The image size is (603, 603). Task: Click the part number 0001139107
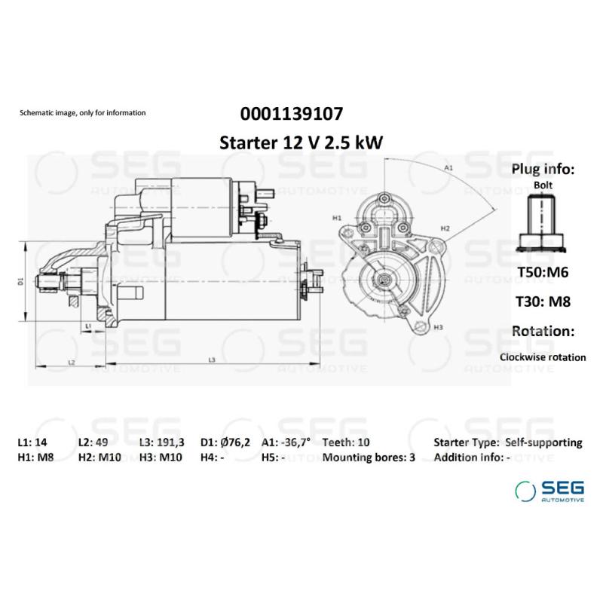[292, 114]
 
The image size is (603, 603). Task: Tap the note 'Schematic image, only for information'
[82, 113]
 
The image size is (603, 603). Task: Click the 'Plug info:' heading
[543, 169]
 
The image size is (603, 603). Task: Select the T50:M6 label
[543, 272]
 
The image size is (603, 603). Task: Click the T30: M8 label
[543, 301]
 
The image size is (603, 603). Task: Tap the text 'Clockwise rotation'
[543, 357]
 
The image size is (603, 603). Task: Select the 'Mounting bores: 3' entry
[369, 458]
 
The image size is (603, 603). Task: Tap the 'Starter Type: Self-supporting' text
[507, 443]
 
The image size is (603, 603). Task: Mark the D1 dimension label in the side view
[21, 280]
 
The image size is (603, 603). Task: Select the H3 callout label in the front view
[438, 327]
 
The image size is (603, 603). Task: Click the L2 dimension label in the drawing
[72, 363]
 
